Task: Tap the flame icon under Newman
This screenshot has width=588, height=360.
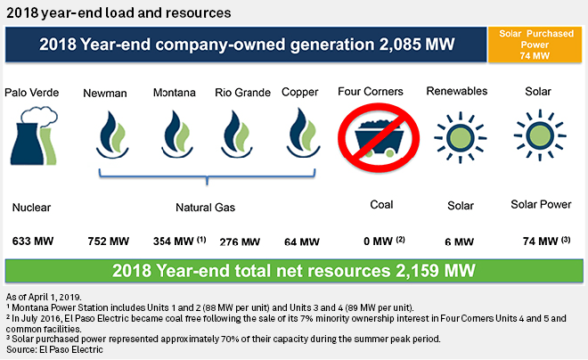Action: pyautogui.click(x=112, y=135)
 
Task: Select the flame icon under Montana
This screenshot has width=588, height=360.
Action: pyautogui.click(x=177, y=134)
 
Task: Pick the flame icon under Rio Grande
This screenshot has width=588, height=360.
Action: pyautogui.click(x=237, y=134)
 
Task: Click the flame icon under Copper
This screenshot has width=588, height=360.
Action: pyautogui.click(x=304, y=133)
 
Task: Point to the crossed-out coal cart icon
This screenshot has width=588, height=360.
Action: pyautogui.click(x=379, y=138)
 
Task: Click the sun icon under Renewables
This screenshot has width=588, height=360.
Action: pyautogui.click(x=460, y=137)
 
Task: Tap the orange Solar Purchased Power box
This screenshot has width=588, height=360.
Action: pyautogui.click(x=535, y=45)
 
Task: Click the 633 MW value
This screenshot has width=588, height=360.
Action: pyautogui.click(x=33, y=241)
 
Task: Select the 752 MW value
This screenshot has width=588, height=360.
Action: pyautogui.click(x=109, y=241)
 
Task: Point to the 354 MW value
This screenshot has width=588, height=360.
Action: pyautogui.click(x=173, y=241)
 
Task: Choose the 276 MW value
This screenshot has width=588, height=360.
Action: pyautogui.click(x=240, y=241)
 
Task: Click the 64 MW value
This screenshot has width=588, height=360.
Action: pyautogui.click(x=302, y=241)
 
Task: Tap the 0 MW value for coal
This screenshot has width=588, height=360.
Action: pyautogui.click(x=378, y=241)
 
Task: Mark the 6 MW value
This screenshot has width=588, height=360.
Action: pyautogui.click(x=460, y=241)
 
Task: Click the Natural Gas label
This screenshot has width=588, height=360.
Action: pyautogui.click(x=206, y=208)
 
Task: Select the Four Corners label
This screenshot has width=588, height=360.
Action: pyautogui.click(x=371, y=92)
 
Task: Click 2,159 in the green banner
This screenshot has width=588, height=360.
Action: pyautogui.click(x=417, y=271)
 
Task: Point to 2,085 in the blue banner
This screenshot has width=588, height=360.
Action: pyautogui.click(x=399, y=45)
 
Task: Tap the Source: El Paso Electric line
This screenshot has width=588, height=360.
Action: pyautogui.click(x=54, y=349)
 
